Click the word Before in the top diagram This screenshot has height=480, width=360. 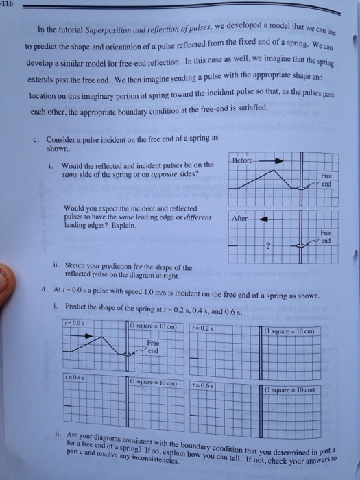(x=244, y=160)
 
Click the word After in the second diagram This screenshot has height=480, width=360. (x=242, y=217)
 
